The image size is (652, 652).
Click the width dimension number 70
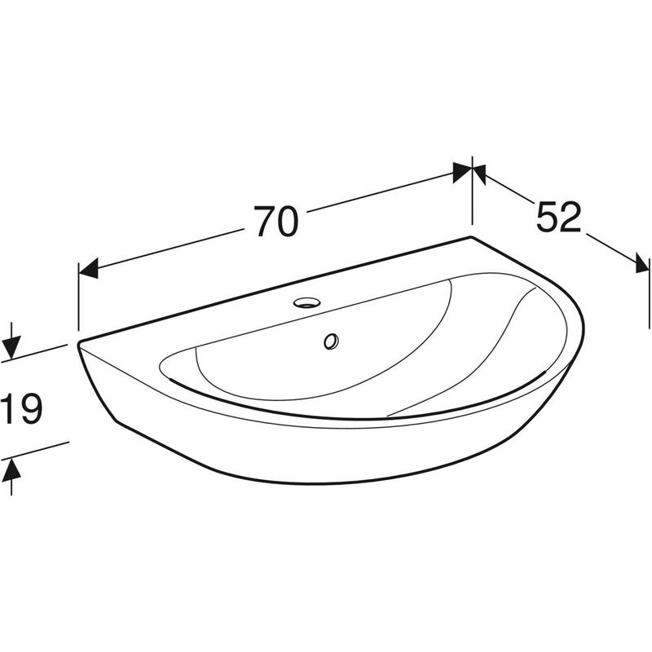pos(276,221)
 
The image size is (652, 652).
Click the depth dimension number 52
pos(558,217)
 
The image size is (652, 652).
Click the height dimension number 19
pos(22,409)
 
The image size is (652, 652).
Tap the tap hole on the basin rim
pos(307,302)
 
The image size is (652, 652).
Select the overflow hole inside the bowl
pos(332,341)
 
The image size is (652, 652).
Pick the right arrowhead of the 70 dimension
pos(462,172)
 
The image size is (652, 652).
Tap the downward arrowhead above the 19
pos(11,349)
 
